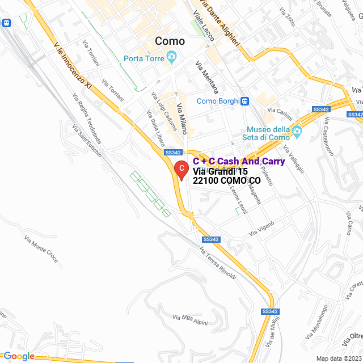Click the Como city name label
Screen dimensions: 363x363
[x=170, y=41]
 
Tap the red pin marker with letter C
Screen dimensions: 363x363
[x=180, y=170]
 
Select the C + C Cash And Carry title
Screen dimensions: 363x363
[x=239, y=162]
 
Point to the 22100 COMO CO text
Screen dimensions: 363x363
[x=226, y=180]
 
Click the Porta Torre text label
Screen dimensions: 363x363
[x=144, y=58]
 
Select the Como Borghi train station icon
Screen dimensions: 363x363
[x=244, y=102]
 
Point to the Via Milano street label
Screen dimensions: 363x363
[x=181, y=117]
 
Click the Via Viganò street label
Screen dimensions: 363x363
[x=261, y=229]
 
